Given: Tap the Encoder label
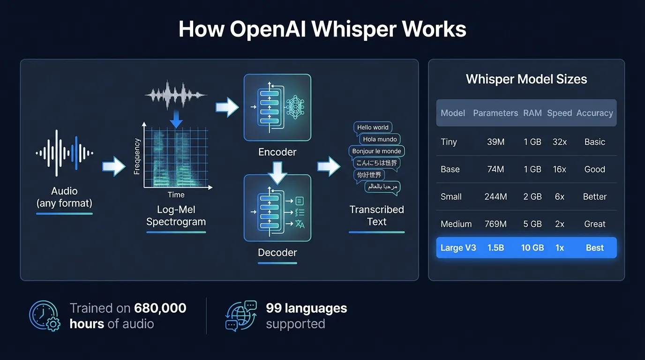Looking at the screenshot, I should [277, 152].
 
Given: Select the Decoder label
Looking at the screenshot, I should [277, 253].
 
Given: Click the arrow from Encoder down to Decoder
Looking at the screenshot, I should [277, 172].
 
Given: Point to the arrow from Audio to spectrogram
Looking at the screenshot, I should [114, 166].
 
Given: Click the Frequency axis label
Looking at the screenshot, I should [137, 157].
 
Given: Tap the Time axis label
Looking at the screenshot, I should [176, 195].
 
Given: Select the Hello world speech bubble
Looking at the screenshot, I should [373, 127].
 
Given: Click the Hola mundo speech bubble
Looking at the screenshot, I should [380, 139].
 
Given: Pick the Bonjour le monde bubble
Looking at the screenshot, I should [376, 151].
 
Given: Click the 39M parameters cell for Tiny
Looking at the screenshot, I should [495, 142].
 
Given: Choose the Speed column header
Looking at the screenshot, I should [560, 113].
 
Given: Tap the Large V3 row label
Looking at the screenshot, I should [458, 248].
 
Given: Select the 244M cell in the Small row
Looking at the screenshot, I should [495, 197].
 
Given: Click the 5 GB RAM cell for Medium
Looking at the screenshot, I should [532, 224].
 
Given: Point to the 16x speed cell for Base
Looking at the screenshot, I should [560, 169].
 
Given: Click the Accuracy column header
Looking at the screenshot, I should [595, 113].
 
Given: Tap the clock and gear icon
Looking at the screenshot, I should [45, 316].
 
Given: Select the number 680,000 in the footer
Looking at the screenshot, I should [160, 308].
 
